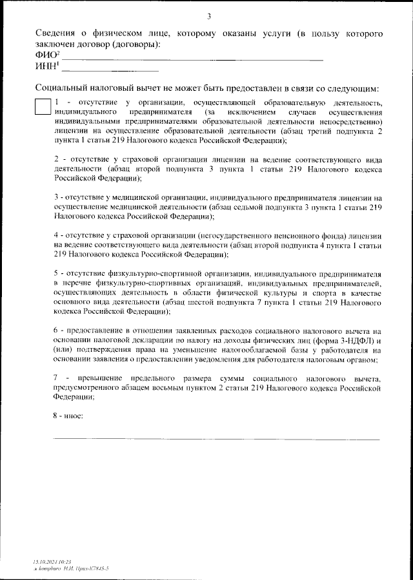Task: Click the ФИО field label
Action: pyautogui.click(x=45, y=56)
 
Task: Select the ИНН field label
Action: pyautogui.click(x=46, y=67)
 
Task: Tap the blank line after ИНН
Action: pyautogui.click(x=110, y=70)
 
